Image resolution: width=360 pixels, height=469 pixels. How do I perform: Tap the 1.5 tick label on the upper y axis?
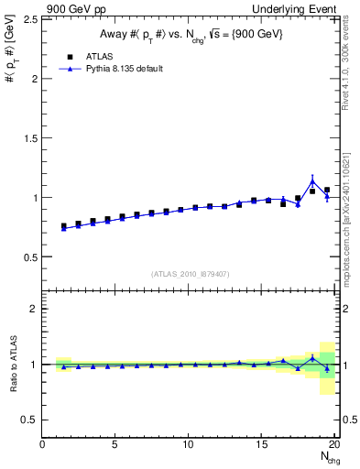[29, 137]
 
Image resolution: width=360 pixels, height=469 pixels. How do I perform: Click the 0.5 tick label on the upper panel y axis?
[29, 256]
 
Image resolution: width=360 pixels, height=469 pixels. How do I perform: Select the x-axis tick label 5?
[115, 445]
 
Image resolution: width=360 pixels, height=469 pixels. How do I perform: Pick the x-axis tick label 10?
[189, 445]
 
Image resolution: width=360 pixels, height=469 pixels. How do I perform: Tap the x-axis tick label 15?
[262, 445]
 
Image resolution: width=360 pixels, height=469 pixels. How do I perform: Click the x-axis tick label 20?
[334, 445]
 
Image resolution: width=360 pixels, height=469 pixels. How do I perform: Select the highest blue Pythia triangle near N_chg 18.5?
[312, 180]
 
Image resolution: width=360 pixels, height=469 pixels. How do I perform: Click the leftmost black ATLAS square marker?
[64, 225]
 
